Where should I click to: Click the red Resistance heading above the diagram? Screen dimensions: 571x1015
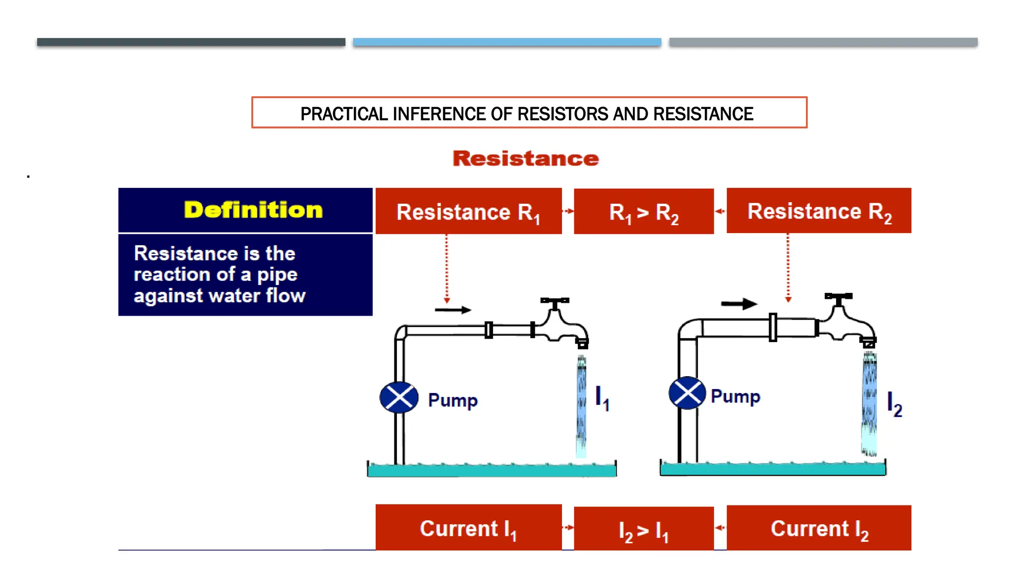525,159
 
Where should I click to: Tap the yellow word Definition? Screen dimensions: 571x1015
253,210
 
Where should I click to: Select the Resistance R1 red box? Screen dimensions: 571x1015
468,212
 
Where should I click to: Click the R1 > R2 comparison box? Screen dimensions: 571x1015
643,212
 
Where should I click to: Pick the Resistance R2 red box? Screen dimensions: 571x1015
819,211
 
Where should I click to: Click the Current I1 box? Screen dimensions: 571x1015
468,528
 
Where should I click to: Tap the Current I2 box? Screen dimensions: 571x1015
819,528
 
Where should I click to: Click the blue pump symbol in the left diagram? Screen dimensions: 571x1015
398,398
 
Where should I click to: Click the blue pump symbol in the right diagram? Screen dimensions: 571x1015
687,393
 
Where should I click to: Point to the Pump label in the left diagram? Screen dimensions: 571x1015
452,400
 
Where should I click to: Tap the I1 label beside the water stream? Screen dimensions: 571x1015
602,398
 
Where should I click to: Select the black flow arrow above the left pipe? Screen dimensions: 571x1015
452,310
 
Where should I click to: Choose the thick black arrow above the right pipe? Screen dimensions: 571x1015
738,304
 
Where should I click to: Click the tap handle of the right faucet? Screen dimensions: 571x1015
838,297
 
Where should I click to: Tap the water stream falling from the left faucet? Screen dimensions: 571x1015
581,406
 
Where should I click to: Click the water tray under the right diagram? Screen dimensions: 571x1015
773,469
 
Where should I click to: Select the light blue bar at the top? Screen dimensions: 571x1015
507,42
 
